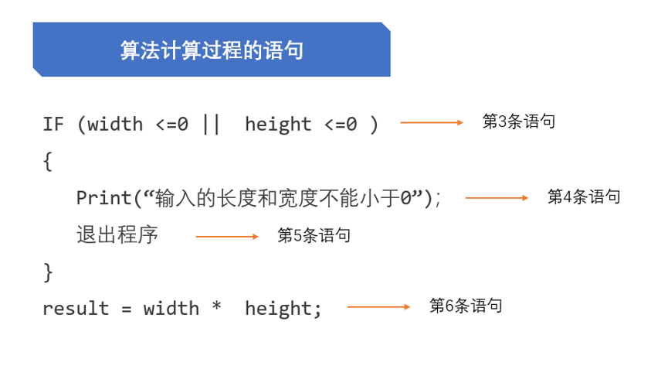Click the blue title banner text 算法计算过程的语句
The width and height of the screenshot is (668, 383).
point(212,50)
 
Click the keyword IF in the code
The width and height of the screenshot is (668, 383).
point(53,125)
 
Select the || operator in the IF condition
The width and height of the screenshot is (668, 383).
point(212,125)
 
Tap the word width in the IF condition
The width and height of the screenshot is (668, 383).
point(115,125)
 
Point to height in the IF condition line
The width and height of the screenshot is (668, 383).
point(278,125)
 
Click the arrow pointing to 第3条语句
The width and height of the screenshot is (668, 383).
point(432,122)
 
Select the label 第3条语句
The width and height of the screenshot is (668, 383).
point(518,121)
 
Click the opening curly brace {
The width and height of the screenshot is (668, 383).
point(48,162)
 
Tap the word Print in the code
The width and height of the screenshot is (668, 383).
point(104,198)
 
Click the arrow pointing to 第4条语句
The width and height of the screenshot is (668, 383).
point(497,198)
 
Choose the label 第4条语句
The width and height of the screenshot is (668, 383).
point(584,197)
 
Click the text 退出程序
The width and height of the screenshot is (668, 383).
point(117,235)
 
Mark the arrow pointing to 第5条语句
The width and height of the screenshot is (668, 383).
point(227,237)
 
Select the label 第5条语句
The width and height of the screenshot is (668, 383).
point(314,235)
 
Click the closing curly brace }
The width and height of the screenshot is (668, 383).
point(48,272)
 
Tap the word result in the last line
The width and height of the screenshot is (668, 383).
point(76,308)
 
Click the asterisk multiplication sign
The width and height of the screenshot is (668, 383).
point(217,306)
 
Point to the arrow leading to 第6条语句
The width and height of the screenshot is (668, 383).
point(378,307)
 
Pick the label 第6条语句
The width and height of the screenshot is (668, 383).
point(466,306)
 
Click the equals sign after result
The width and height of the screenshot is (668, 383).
point(126,309)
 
